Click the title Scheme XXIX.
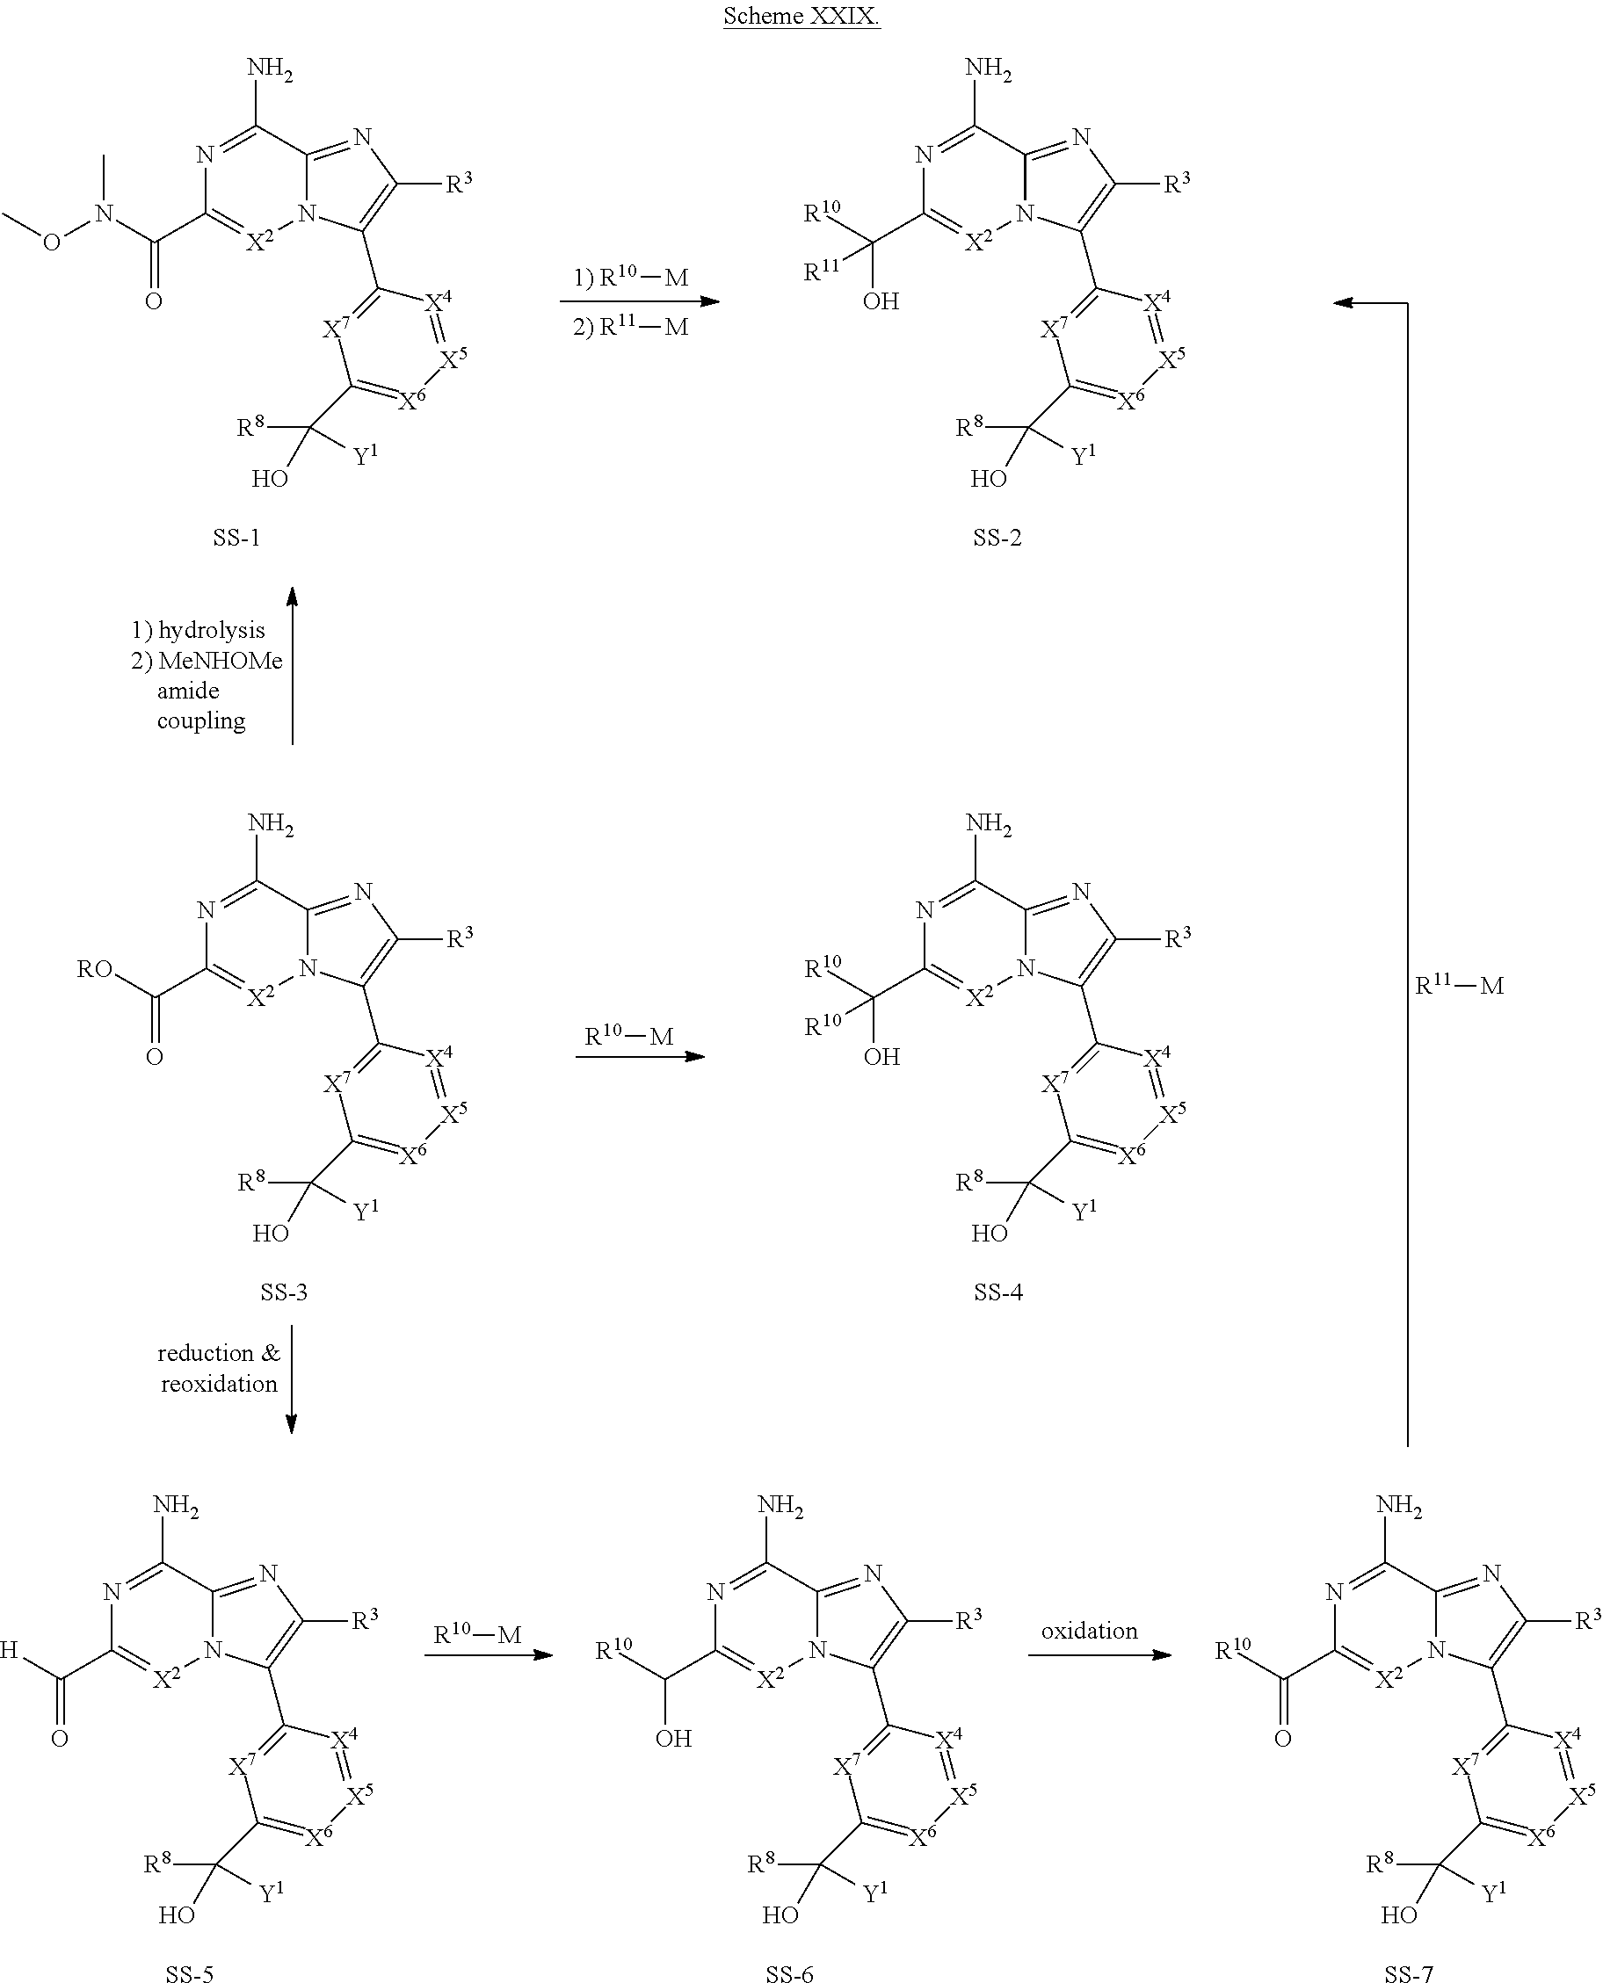(x=801, y=17)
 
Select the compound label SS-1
(x=236, y=538)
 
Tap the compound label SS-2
(x=997, y=538)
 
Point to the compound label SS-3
(x=284, y=1292)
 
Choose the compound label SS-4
(x=998, y=1292)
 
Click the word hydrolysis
(x=212, y=631)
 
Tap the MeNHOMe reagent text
(x=220, y=661)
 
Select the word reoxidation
(x=219, y=1384)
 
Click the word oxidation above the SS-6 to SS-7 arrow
(x=1090, y=1632)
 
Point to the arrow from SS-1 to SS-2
(x=639, y=301)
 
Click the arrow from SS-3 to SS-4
(x=640, y=1056)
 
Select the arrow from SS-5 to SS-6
(x=488, y=1655)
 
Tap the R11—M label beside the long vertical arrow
(x=1460, y=985)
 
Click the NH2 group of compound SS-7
(x=1399, y=1506)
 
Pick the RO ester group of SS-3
(x=95, y=969)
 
